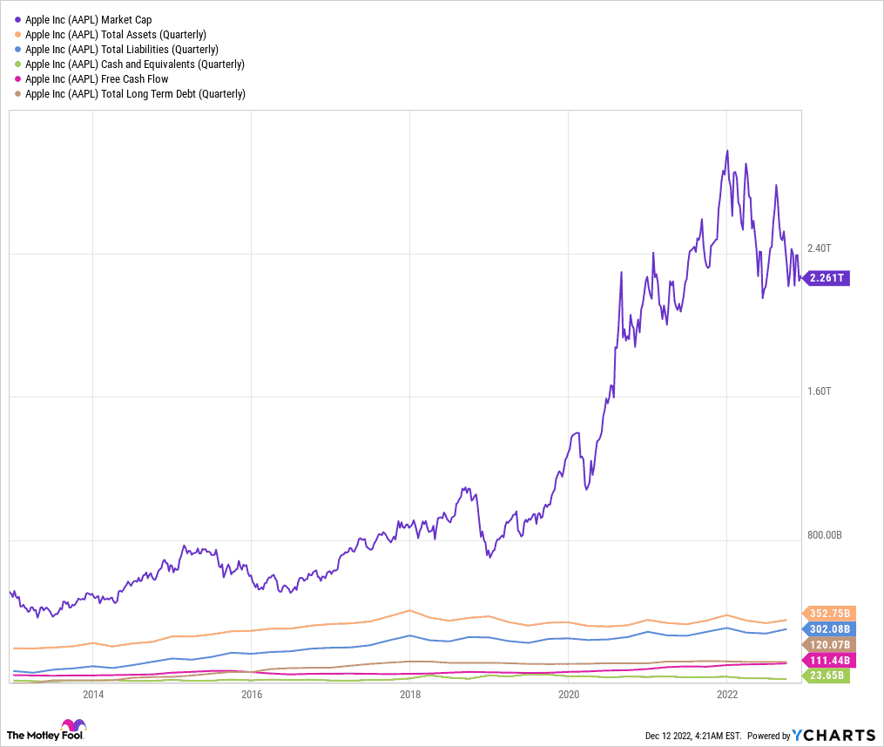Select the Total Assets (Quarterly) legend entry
click(x=115, y=34)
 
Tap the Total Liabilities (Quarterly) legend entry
click(x=121, y=49)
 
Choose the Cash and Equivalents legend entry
click(x=134, y=64)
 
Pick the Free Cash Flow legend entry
click(x=97, y=78)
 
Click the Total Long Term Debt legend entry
click(x=135, y=93)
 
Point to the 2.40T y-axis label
click(x=821, y=248)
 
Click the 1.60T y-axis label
click(x=820, y=391)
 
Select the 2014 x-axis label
click(x=93, y=694)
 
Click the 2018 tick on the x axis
click(x=410, y=694)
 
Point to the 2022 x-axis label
click(x=727, y=694)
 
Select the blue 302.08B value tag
click(x=830, y=628)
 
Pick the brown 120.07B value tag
click(x=830, y=644)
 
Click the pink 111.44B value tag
click(x=830, y=660)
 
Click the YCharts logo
click(x=834, y=734)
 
